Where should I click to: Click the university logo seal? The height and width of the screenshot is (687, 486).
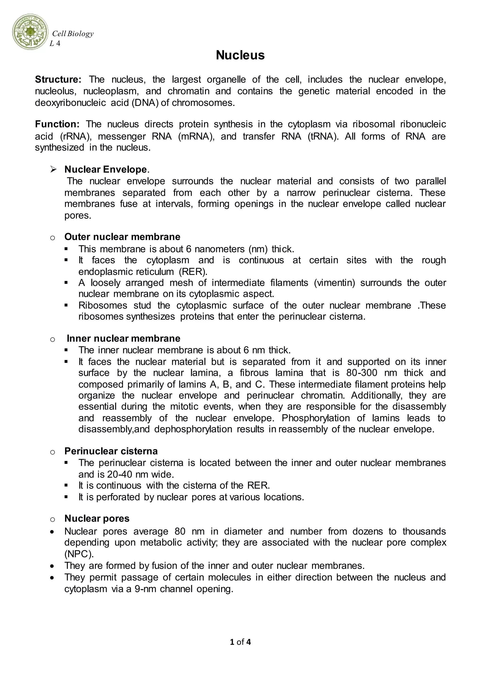click(30, 32)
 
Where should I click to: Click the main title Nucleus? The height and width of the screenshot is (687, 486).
click(240, 55)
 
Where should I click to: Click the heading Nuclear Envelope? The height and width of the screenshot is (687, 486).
click(106, 170)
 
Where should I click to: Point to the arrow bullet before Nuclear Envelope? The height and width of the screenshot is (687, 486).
click(54, 170)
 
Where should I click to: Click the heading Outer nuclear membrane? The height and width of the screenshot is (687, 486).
click(122, 237)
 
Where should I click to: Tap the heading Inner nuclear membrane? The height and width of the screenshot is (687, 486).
click(123, 339)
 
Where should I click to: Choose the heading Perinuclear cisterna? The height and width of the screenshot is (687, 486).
click(111, 451)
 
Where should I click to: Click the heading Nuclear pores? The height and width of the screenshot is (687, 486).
click(97, 519)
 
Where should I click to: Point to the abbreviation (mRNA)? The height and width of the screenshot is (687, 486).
click(196, 136)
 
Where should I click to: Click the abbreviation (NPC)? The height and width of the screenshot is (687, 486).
click(79, 554)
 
